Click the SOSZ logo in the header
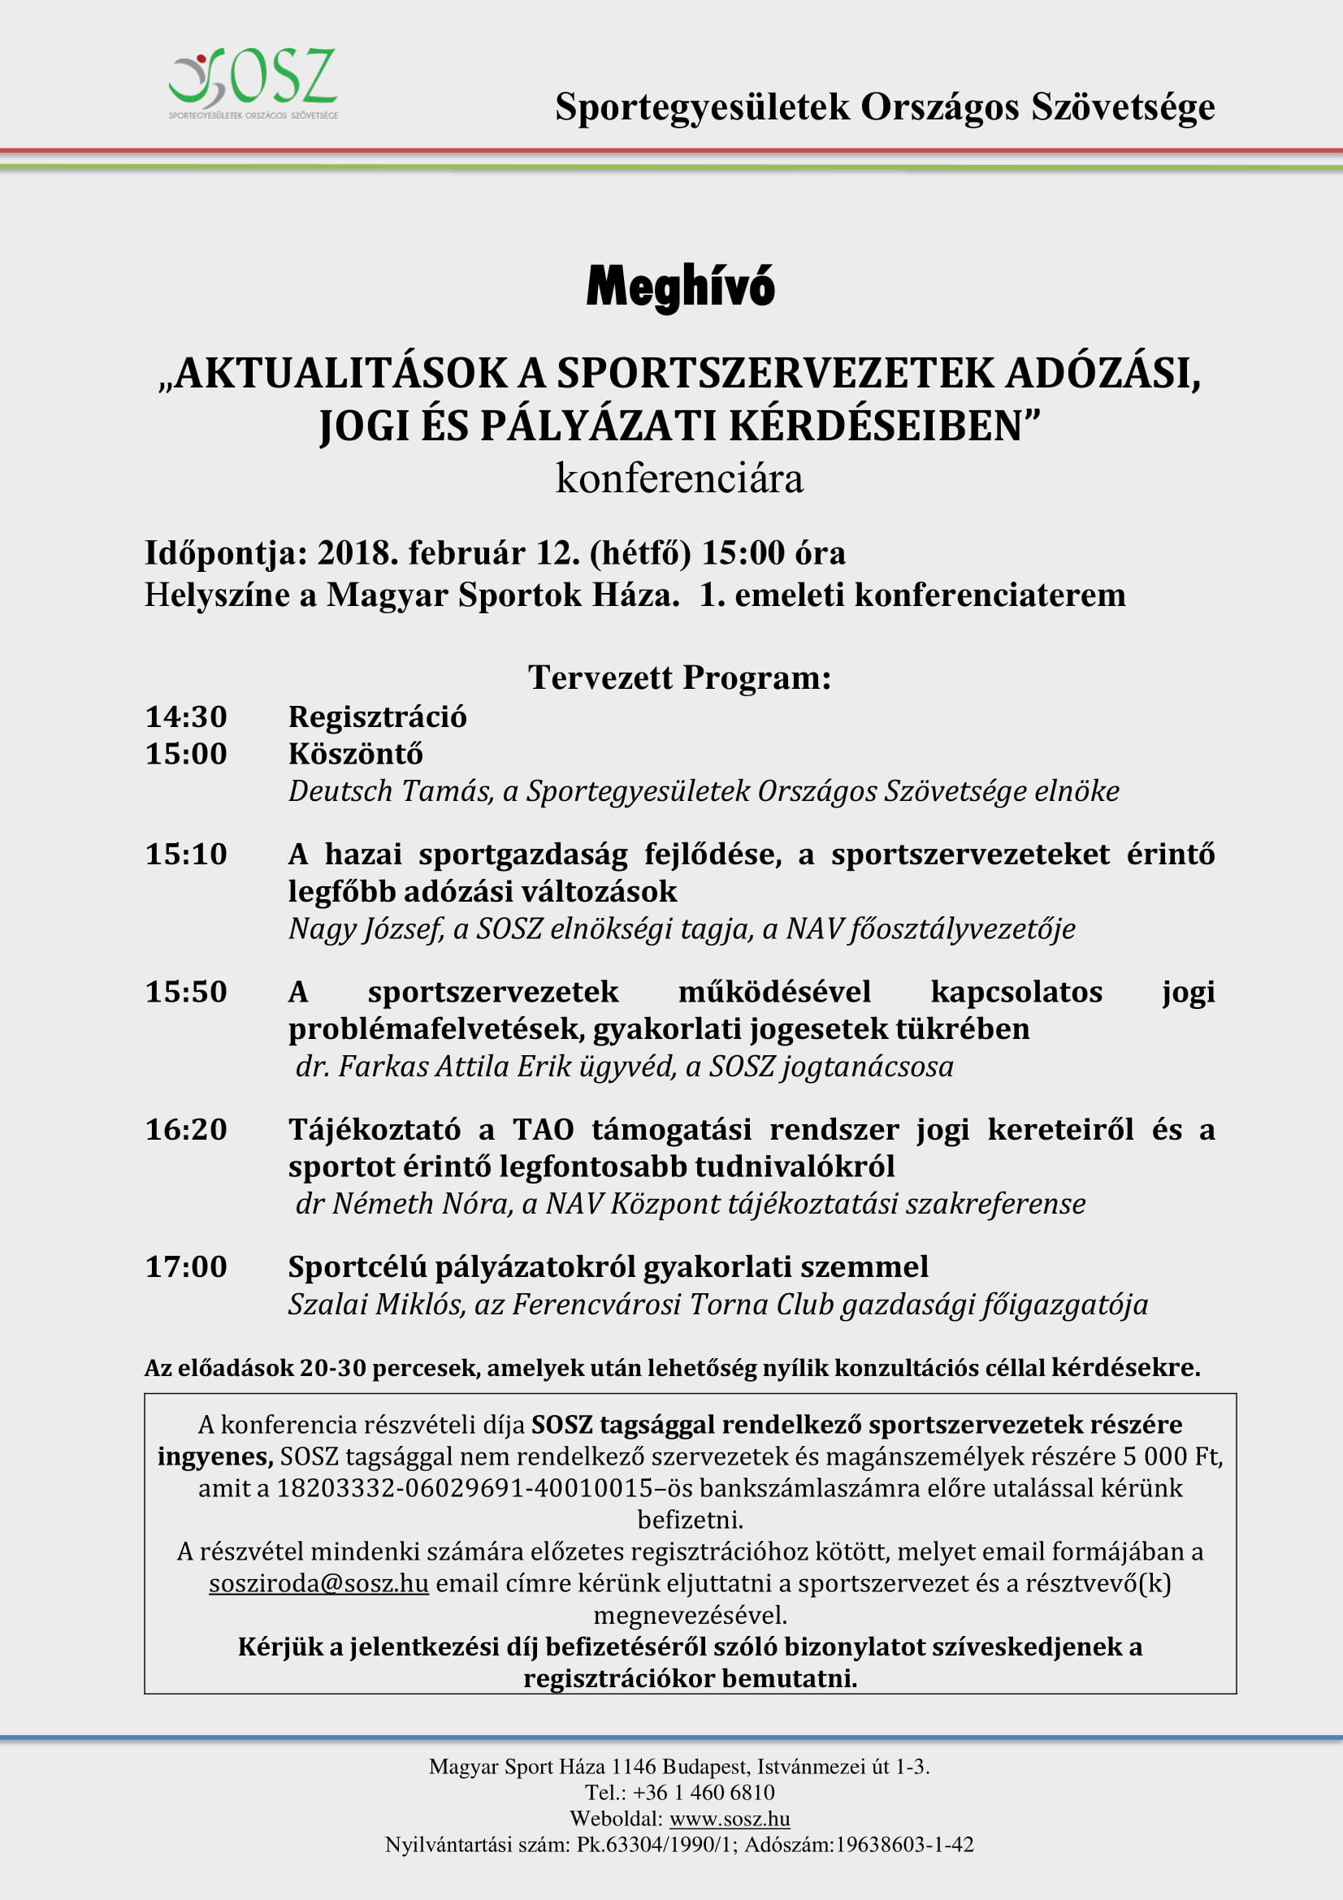click(x=253, y=84)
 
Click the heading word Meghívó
click(x=680, y=287)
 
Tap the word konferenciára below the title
click(x=679, y=479)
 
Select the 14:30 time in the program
click(x=186, y=716)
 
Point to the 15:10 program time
click(x=186, y=854)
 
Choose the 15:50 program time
click(x=186, y=991)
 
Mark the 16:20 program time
click(x=186, y=1129)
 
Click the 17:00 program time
click(x=186, y=1266)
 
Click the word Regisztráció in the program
click(x=377, y=716)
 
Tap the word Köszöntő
click(x=355, y=754)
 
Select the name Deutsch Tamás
click(x=390, y=791)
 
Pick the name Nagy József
click(x=365, y=928)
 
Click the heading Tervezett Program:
click(x=679, y=677)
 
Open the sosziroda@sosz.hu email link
click(x=318, y=1583)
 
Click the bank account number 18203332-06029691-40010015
click(x=464, y=1488)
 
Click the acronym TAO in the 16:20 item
click(x=543, y=1129)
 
